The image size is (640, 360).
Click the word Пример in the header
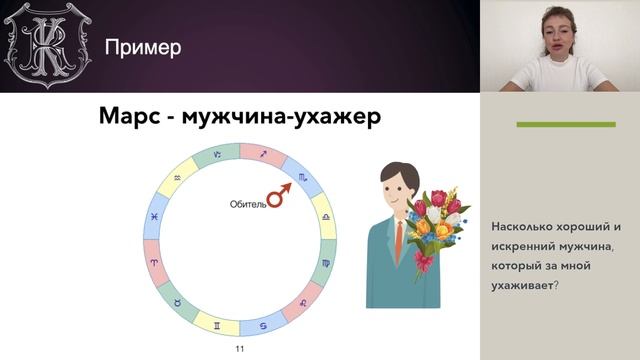tap(144, 47)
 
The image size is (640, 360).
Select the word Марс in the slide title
tap(131, 117)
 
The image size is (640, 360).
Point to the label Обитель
tap(249, 204)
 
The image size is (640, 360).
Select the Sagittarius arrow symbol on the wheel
tap(263, 153)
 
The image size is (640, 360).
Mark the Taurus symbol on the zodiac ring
tap(178, 301)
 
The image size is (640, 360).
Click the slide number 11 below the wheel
tap(239, 350)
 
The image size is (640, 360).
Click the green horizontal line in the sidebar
tap(565, 124)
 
